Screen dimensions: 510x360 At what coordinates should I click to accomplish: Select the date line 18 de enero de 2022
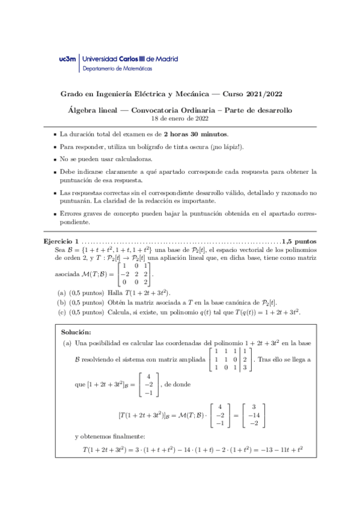point(180,119)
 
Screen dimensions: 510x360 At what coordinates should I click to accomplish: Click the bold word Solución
point(76,332)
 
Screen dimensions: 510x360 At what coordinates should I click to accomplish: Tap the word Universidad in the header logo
point(102,60)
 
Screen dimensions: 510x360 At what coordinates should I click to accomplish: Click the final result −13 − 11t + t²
point(276,449)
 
